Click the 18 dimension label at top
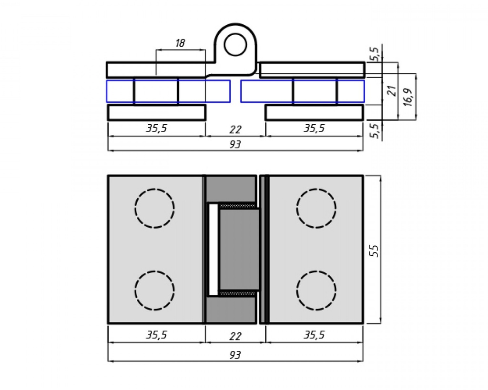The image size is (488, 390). tap(180, 43)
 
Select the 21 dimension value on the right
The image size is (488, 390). tap(392, 90)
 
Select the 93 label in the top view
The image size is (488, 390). tap(235, 144)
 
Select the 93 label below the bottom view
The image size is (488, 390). tap(235, 355)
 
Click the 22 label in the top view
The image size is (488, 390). tap(235, 129)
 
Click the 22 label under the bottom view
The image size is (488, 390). tap(235, 336)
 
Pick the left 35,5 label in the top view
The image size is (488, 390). tap(156, 128)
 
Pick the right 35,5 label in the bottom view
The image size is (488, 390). tap(314, 335)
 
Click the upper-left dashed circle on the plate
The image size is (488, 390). tap(154, 209)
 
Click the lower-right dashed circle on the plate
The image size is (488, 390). tap(316, 290)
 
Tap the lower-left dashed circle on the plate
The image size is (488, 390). tap(154, 290)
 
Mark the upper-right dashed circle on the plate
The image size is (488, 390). tap(316, 209)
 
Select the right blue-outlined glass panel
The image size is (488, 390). tap(302, 91)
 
